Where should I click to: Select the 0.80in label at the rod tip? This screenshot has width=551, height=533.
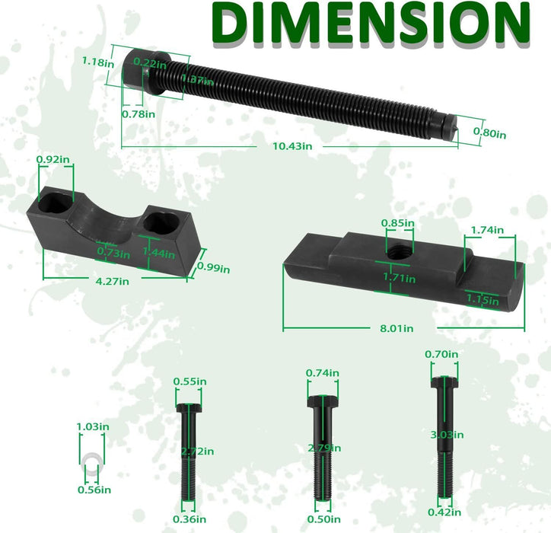pyautogui.click(x=489, y=133)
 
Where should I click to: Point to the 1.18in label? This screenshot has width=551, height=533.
pyautogui.click(x=99, y=63)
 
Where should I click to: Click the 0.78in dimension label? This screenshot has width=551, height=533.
pyautogui.click(x=139, y=114)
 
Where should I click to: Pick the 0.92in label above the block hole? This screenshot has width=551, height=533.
pyautogui.click(x=53, y=160)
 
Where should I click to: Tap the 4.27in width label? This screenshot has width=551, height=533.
pyautogui.click(x=112, y=281)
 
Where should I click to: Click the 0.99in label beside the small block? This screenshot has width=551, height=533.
pyautogui.click(x=213, y=267)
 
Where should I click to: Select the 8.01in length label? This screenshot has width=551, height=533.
pyautogui.click(x=397, y=328)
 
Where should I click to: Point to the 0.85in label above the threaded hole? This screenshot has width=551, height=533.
pyautogui.click(x=398, y=223)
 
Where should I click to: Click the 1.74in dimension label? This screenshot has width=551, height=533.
pyautogui.click(x=487, y=230)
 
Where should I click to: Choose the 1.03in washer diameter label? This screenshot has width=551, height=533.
pyautogui.click(x=92, y=427)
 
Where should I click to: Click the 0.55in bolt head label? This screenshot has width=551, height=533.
pyautogui.click(x=190, y=381)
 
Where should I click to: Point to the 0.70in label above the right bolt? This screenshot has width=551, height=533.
pyautogui.click(x=442, y=353)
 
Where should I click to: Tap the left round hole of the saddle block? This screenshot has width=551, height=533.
pyautogui.click(x=56, y=204)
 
